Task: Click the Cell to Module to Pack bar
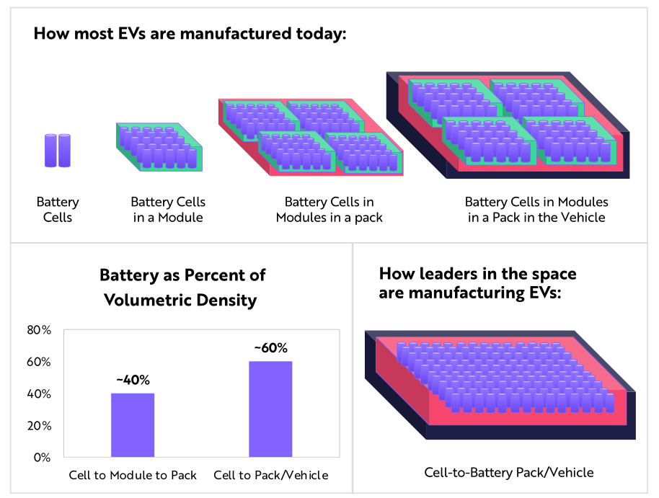click(x=133, y=424)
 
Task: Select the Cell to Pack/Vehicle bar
click(x=270, y=409)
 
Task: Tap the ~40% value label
click(x=133, y=380)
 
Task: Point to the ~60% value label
click(x=271, y=348)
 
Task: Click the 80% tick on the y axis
click(x=39, y=330)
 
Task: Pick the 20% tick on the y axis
click(x=39, y=426)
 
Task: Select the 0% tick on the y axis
click(x=42, y=458)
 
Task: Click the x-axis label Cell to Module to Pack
click(x=133, y=476)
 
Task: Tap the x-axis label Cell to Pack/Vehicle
click(x=271, y=476)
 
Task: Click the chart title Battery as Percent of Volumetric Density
click(x=182, y=287)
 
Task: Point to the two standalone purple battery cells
click(x=58, y=151)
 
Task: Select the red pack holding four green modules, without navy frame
click(x=311, y=137)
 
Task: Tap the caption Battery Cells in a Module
click(x=168, y=210)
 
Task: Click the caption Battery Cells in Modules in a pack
click(x=329, y=210)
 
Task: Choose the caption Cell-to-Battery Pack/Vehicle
click(x=509, y=473)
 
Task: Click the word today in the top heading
click(x=318, y=34)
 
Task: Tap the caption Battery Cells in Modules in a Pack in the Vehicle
click(x=536, y=210)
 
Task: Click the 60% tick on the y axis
click(x=39, y=362)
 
